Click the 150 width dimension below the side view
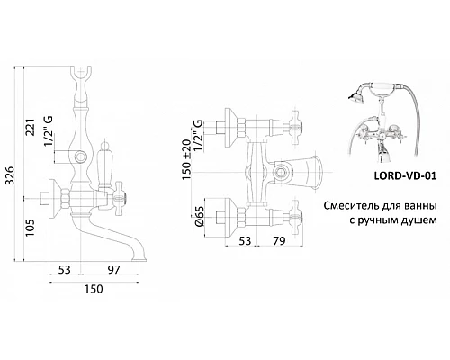[93, 288]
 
